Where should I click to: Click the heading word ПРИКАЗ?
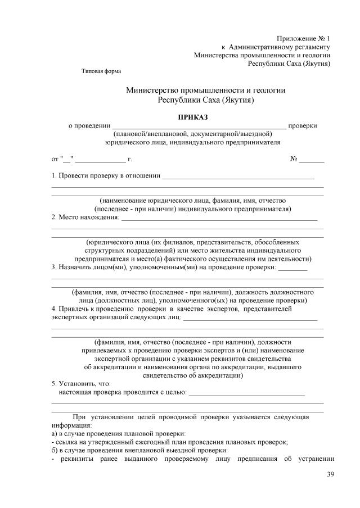tap(193, 117)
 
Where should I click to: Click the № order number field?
tap(312, 160)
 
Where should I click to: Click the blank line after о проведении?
tap(199, 126)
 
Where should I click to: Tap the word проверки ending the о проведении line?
tap(302, 125)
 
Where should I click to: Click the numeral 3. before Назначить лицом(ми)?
tap(54, 267)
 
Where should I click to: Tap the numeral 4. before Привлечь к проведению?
tap(54, 309)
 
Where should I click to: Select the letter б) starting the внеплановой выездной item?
tap(55, 450)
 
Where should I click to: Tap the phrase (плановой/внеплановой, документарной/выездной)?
tap(193, 134)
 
